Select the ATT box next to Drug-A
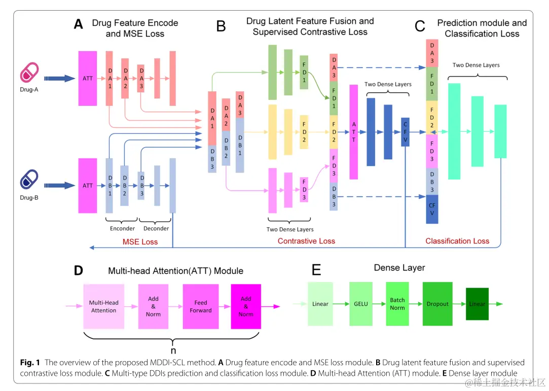pyautogui.click(x=88, y=78)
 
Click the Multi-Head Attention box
pyautogui.click(x=104, y=306)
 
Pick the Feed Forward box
pyautogui.click(x=201, y=306)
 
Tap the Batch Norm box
pyautogui.click(x=397, y=304)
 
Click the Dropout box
pyautogui.click(x=437, y=304)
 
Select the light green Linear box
pyautogui.click(x=320, y=304)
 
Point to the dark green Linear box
pyautogui.click(x=477, y=304)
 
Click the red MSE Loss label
pyautogui.click(x=140, y=242)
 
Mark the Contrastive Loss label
pyautogui.click(x=306, y=241)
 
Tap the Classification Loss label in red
pyautogui.click(x=457, y=241)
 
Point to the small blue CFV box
pyautogui.click(x=405, y=132)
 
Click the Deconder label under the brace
pyautogui.click(x=156, y=229)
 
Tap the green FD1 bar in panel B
pyautogui.click(x=304, y=73)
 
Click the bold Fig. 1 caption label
pyautogui.click(x=30, y=362)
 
